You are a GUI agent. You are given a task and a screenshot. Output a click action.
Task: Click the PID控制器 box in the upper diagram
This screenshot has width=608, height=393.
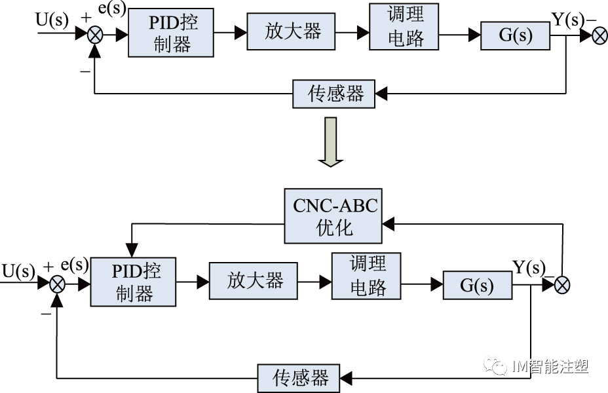(171, 33)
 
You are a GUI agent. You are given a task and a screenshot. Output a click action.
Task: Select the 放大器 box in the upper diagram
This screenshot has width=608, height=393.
(292, 31)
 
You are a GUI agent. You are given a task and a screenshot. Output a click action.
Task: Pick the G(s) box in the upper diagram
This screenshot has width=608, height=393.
(516, 35)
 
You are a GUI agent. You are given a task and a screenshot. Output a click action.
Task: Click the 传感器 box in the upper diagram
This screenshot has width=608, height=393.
(334, 94)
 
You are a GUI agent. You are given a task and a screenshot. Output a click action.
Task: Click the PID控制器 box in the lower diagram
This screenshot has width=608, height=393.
(134, 282)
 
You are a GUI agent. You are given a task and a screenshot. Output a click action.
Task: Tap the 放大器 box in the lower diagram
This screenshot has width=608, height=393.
(254, 281)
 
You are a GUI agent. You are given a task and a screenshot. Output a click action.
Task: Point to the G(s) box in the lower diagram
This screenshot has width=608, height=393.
(478, 284)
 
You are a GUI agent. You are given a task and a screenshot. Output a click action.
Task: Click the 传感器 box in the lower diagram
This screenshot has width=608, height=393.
(299, 377)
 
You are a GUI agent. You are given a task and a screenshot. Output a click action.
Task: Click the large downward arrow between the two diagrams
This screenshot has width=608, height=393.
(331, 141)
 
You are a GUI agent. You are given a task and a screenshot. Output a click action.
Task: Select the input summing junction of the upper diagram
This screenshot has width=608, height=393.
(96, 35)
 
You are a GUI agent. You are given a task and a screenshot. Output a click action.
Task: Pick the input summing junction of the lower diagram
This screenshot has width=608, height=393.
(58, 284)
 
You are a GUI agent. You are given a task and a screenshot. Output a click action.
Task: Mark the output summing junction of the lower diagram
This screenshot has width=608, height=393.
(561, 284)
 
